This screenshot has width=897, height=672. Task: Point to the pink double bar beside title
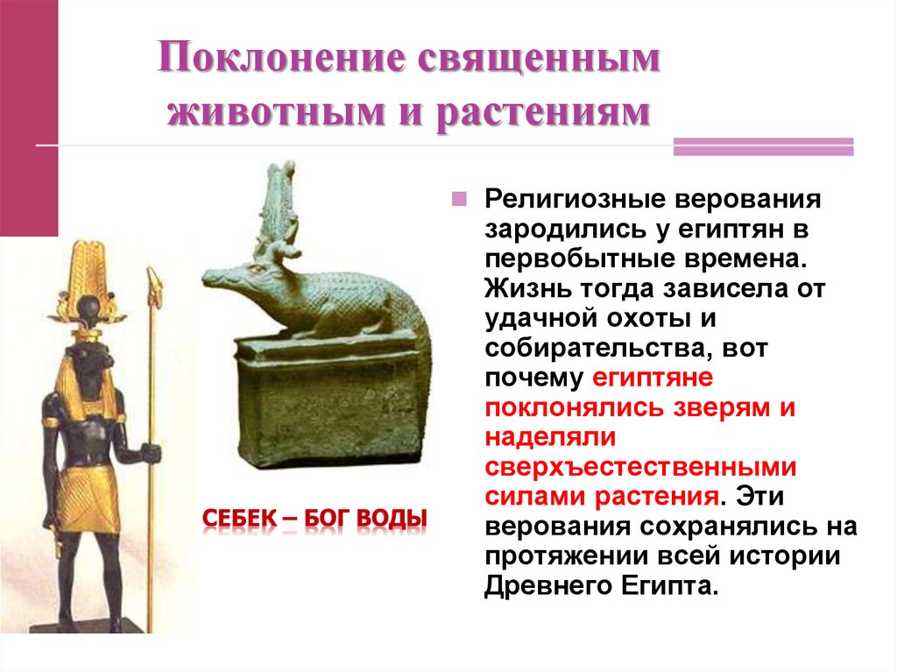[762, 146]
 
